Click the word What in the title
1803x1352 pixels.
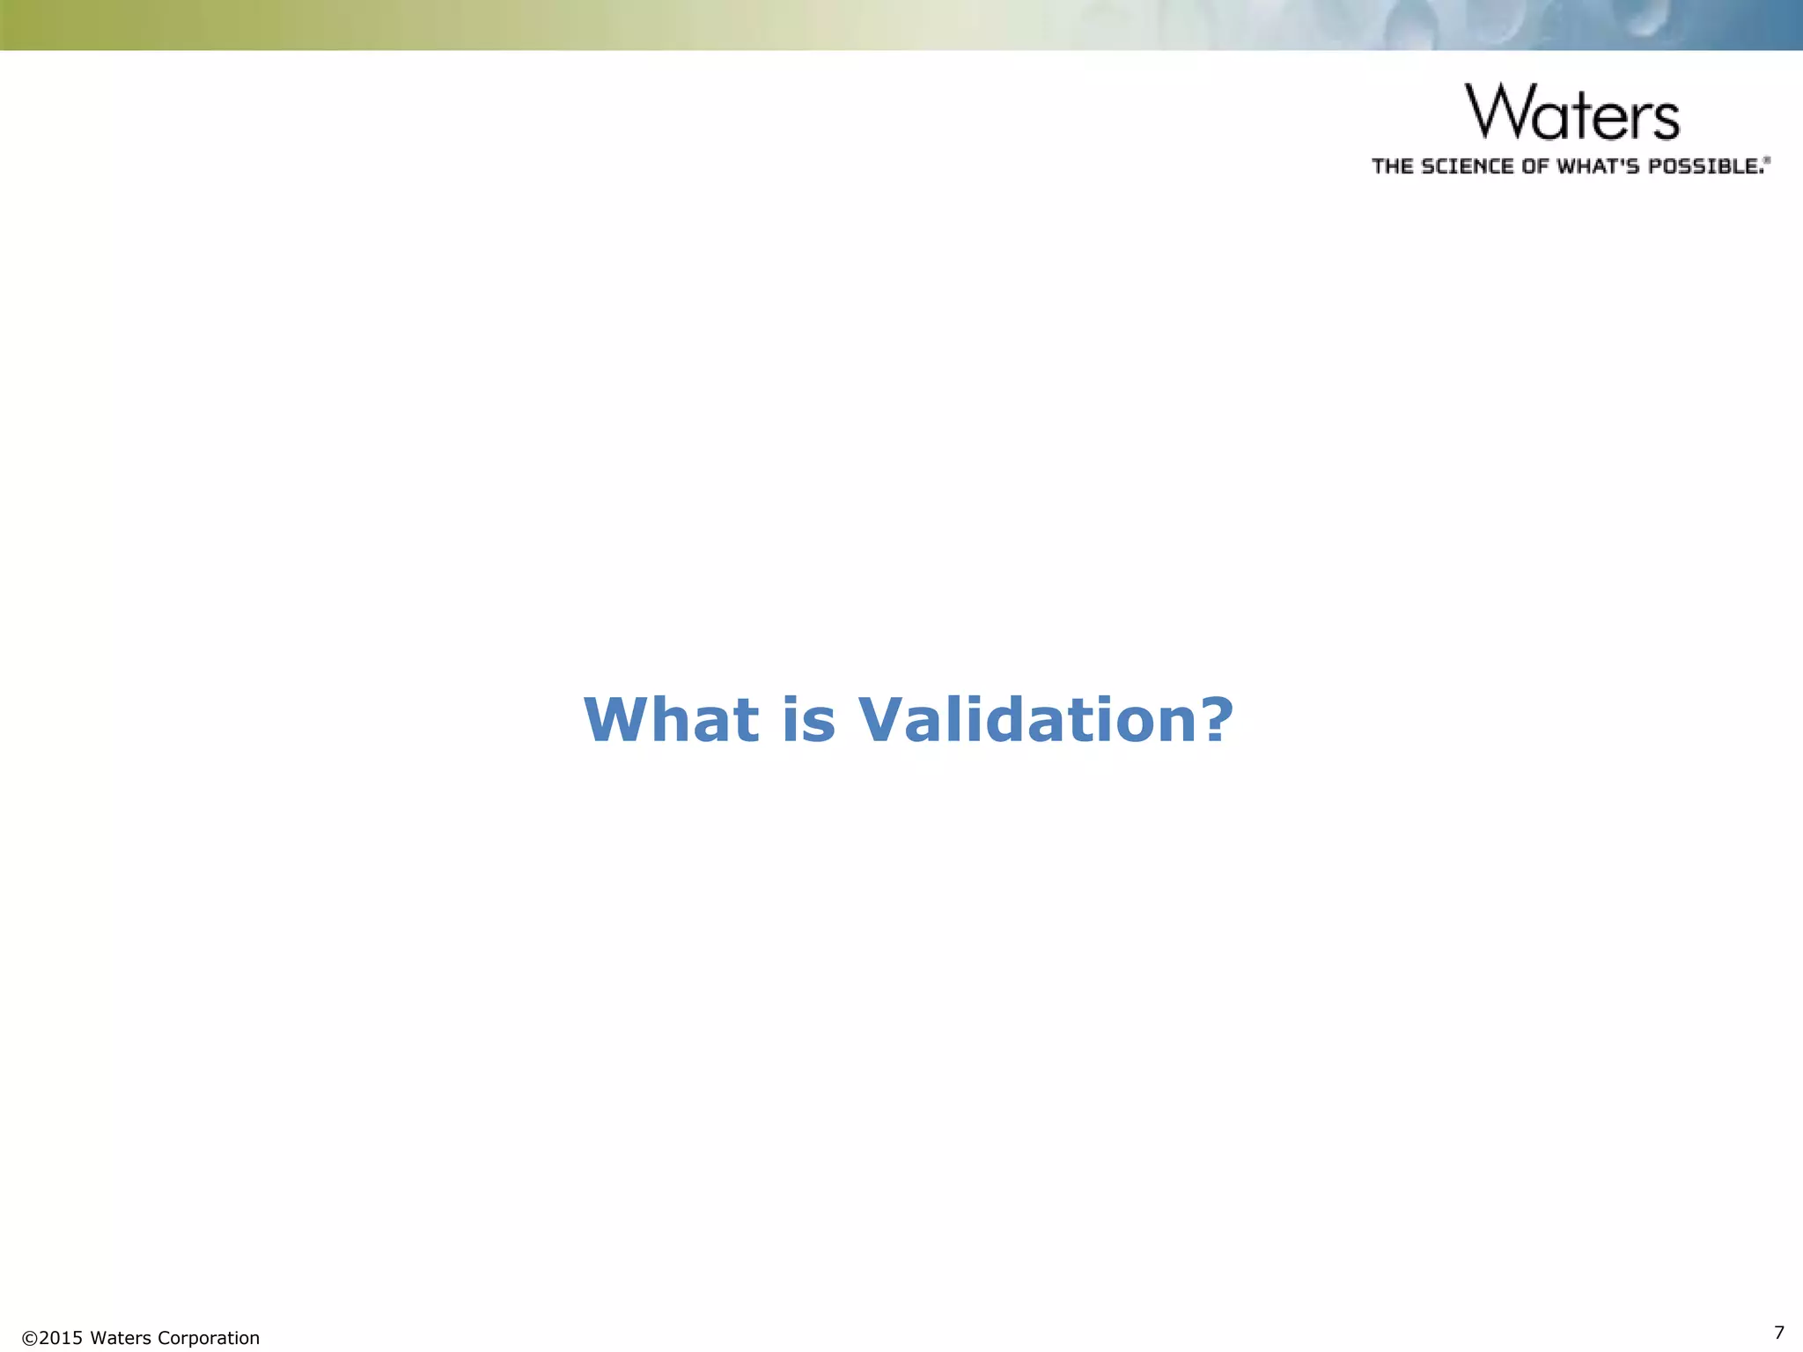coord(671,720)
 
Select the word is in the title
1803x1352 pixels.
coord(808,720)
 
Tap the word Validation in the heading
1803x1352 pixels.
coord(1021,720)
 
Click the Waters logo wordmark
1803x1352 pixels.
coord(1572,112)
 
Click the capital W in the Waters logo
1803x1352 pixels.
coord(1502,112)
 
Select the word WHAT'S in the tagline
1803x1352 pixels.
coord(1600,166)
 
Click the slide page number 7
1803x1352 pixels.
coord(1779,1332)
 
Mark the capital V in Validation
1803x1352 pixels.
coord(884,720)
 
